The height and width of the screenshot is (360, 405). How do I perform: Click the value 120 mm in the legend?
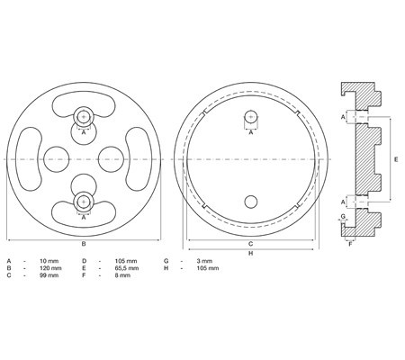point(50,268)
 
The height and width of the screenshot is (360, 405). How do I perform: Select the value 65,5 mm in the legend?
point(127,268)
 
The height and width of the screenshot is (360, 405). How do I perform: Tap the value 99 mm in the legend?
point(49,275)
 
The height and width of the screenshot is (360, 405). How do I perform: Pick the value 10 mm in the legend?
point(49,261)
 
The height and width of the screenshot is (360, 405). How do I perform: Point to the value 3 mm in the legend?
point(204,261)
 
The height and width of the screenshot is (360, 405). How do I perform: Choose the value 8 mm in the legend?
point(122,275)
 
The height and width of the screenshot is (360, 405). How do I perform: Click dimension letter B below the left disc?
point(84,244)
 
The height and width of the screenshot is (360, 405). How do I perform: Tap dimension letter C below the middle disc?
point(251,244)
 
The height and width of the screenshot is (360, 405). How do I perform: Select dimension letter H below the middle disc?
point(251,253)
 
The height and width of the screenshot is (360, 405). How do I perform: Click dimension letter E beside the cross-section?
point(396,159)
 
